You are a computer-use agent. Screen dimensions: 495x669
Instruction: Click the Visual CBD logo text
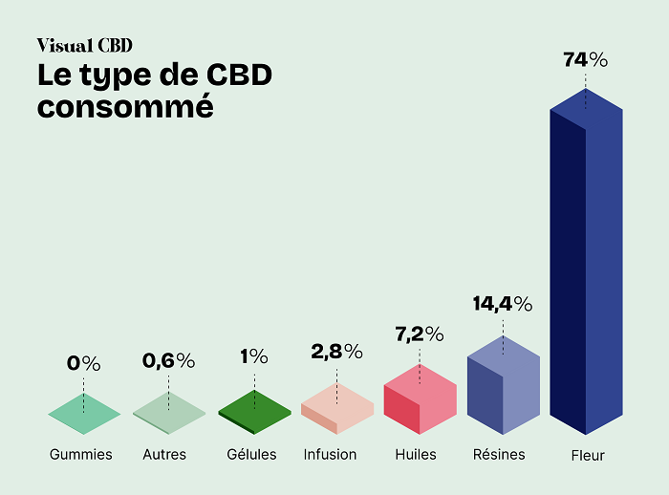84,45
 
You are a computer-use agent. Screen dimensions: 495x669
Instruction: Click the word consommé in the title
124,106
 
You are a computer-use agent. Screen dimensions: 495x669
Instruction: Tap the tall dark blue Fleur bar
586,268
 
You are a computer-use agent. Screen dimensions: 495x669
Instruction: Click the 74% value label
586,59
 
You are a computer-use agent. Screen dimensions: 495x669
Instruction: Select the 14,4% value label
503,304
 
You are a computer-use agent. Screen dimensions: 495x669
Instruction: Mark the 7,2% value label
420,334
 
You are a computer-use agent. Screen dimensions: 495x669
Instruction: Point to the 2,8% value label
336,351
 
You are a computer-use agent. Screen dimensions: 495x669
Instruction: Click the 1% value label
254,356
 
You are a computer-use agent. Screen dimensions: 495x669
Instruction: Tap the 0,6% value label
168,360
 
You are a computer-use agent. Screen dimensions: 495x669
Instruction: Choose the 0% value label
83,363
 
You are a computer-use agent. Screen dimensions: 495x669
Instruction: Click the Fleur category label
586,456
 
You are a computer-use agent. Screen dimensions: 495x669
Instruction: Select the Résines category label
499,454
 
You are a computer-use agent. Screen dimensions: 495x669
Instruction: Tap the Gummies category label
81,455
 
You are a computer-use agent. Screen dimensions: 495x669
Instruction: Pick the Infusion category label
330,454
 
